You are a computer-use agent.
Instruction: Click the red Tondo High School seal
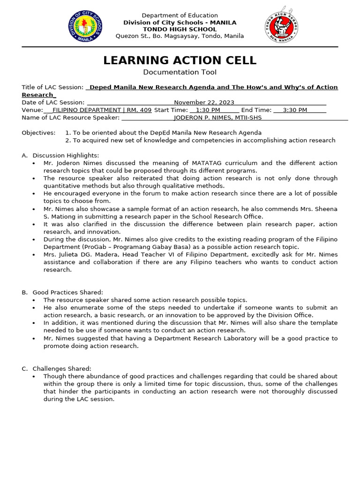click(282, 26)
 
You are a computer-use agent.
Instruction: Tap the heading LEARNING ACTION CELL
click(180, 60)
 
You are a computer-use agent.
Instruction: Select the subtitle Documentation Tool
click(180, 72)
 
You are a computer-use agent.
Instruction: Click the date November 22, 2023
click(204, 103)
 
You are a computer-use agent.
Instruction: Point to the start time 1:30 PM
click(205, 110)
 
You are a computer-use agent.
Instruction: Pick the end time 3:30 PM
click(295, 110)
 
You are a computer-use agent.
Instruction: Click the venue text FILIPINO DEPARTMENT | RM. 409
click(102, 110)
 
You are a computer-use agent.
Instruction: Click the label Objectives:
click(38, 133)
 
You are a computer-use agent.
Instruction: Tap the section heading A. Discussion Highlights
click(66, 155)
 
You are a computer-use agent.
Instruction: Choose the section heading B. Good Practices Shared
click(67, 292)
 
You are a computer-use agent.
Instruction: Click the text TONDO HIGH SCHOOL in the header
click(180, 29)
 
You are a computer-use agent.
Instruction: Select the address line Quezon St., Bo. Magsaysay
click(180, 36)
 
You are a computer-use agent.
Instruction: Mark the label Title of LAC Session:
click(52, 88)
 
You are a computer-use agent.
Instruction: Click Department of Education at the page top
click(180, 15)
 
